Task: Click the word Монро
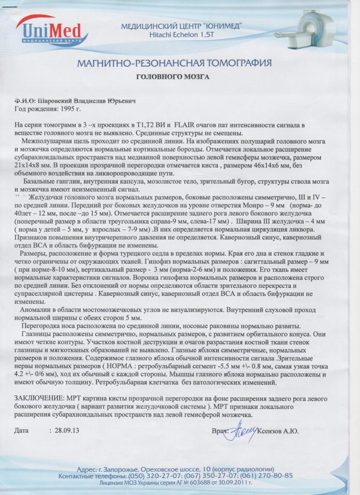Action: [x=260, y=204]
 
